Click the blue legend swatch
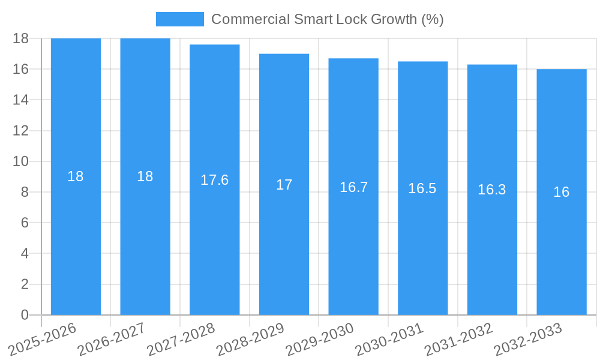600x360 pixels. (179, 19)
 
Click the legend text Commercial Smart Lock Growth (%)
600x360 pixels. (327, 19)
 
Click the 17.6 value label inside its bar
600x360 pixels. (214, 180)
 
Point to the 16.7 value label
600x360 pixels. (353, 187)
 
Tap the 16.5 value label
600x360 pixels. (422, 188)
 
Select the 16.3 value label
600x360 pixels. (491, 190)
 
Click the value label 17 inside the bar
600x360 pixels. (284, 185)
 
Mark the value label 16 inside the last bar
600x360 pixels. (561, 192)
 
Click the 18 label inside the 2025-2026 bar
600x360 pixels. (76, 176)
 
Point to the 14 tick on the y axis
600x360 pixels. (20, 100)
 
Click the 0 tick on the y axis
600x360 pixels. (25, 315)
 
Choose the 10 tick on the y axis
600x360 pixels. (20, 161)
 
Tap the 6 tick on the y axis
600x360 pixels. (25, 223)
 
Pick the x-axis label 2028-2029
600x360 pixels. (250, 338)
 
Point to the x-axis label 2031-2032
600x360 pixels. (458, 338)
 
